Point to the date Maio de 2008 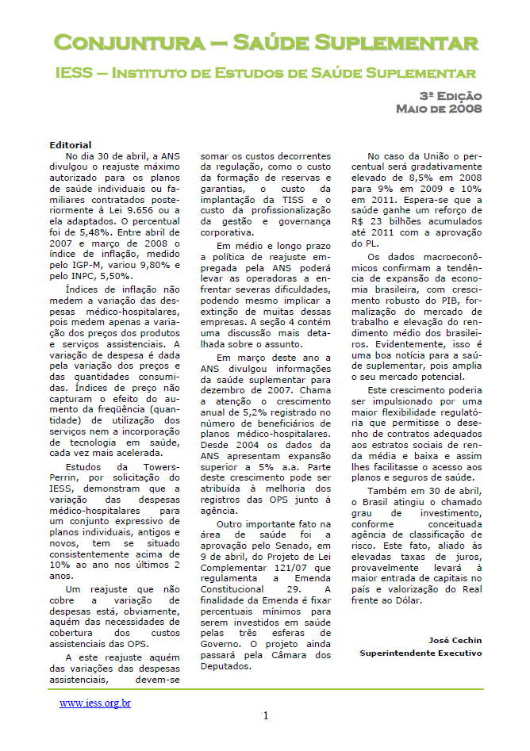click(439, 109)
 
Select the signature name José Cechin click(455, 640)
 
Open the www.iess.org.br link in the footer click(95, 703)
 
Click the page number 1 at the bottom click(266, 717)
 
